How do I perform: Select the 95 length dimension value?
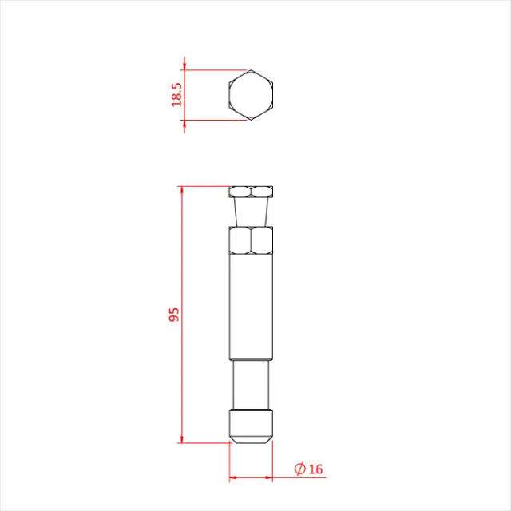[x=175, y=313]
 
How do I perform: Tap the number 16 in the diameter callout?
[x=315, y=469]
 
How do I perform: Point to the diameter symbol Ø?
[x=300, y=469]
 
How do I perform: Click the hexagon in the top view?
[x=251, y=95]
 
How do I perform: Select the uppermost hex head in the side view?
[x=251, y=192]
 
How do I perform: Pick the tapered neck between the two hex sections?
[x=251, y=212]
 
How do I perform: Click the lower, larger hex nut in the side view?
[x=251, y=240]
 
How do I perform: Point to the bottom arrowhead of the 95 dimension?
[x=182, y=439]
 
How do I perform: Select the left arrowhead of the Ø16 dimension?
[x=233, y=478]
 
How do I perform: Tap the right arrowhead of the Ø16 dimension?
[x=268, y=478]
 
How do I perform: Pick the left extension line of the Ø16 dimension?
[x=230, y=463]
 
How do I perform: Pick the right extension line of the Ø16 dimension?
[x=272, y=463]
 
